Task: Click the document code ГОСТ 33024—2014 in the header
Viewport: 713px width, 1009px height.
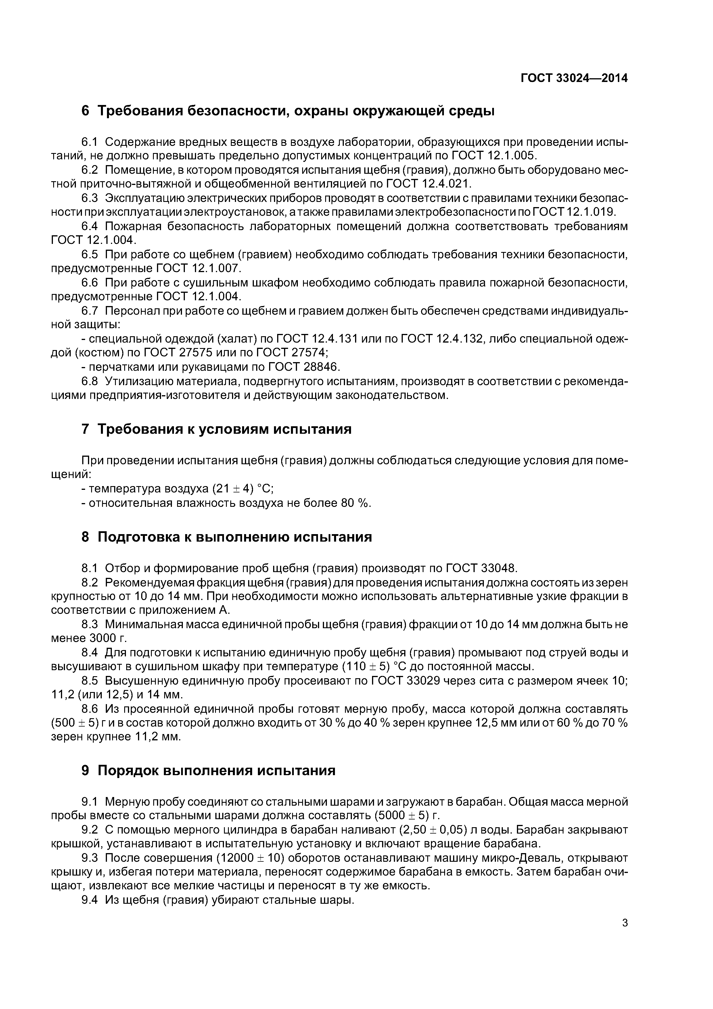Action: [574, 78]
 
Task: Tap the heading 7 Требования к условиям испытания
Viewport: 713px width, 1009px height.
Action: [216, 429]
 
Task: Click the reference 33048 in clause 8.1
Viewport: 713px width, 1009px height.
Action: [498, 568]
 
